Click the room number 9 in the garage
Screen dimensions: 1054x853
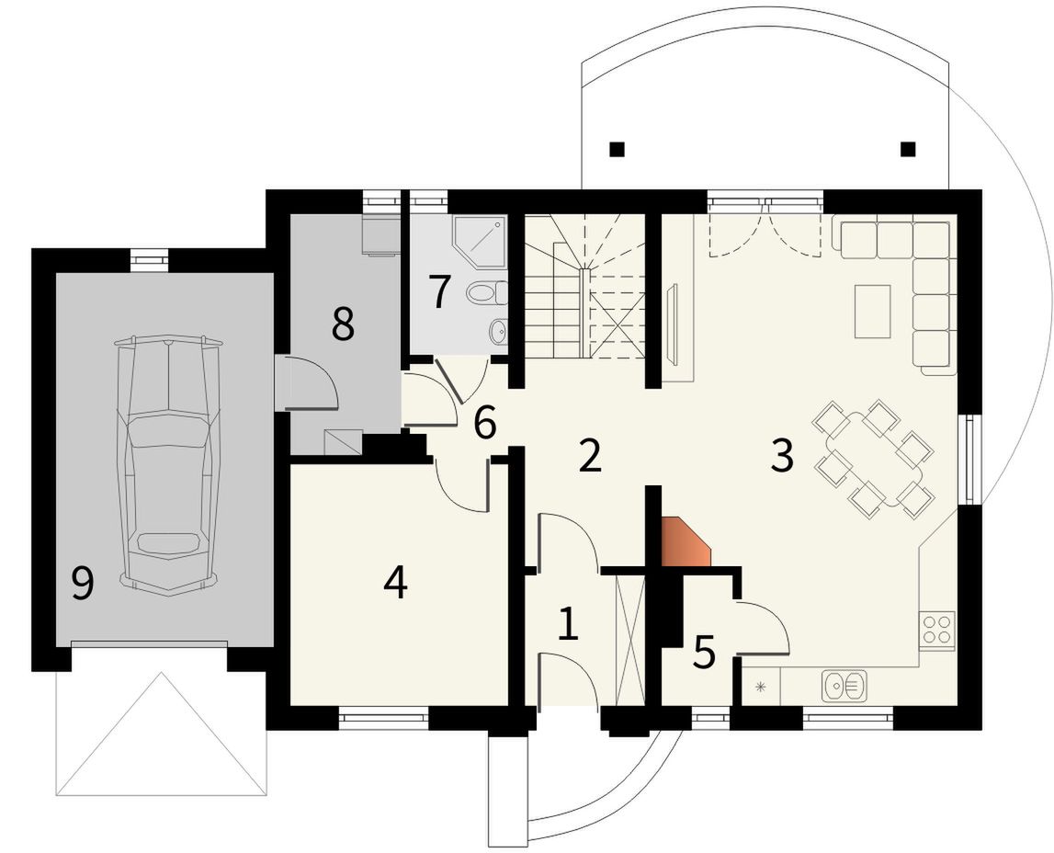(82, 583)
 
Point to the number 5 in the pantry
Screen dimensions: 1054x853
(704, 653)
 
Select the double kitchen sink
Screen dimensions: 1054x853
(844, 686)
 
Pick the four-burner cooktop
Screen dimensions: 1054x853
(936, 630)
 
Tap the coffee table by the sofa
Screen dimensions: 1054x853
(872, 312)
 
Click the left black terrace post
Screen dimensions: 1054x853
(618, 149)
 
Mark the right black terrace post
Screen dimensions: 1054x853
(908, 149)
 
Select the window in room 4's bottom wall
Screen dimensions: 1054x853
(383, 718)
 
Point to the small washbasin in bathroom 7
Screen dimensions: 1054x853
(499, 331)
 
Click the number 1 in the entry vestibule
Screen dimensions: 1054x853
(568, 624)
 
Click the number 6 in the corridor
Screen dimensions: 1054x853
(484, 423)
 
